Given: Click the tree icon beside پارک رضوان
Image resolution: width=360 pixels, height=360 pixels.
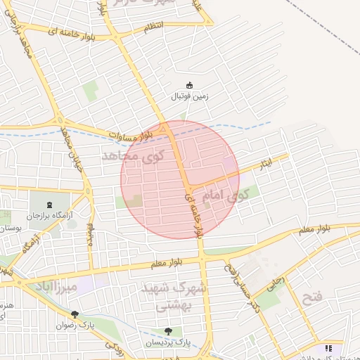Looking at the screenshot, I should point(75,314).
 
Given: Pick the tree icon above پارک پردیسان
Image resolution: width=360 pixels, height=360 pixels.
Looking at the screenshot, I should point(167,330).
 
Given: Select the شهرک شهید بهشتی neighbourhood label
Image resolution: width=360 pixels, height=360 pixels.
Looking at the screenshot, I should point(173,297).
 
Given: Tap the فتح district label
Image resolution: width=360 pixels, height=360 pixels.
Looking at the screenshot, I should point(311,298).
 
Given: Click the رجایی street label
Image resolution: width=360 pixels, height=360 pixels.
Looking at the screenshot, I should point(275,283).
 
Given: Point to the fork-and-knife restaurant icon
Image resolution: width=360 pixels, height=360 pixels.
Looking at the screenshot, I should point(328,348).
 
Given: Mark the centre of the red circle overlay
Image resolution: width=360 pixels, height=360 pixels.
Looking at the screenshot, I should point(180,180).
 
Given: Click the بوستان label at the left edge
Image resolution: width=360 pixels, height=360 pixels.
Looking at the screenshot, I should point(10,229).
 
